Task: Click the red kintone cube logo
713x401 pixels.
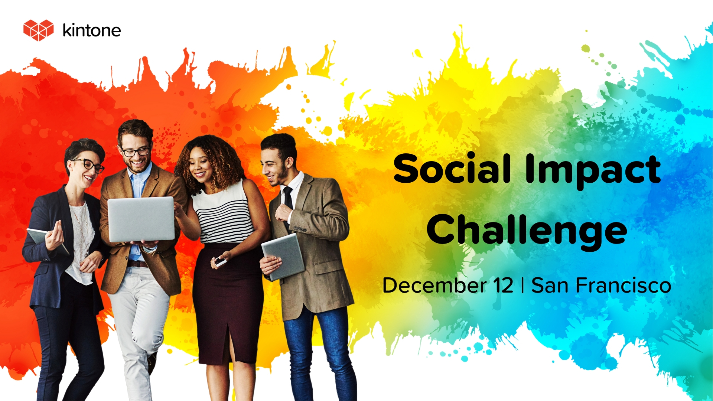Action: click(x=39, y=30)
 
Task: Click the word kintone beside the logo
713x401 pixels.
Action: click(x=92, y=30)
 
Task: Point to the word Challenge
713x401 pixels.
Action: click(x=527, y=231)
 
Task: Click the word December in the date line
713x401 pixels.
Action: click(x=434, y=286)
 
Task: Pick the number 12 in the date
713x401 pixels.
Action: click(x=503, y=286)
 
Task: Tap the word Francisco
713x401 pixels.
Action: click(x=624, y=286)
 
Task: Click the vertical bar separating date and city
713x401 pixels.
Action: click(x=522, y=286)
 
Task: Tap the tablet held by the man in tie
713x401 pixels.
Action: click(x=283, y=256)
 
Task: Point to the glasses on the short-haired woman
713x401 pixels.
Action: click(x=89, y=165)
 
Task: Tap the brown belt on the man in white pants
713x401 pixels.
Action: click(x=137, y=264)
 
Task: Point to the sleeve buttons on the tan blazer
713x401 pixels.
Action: click(x=300, y=229)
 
